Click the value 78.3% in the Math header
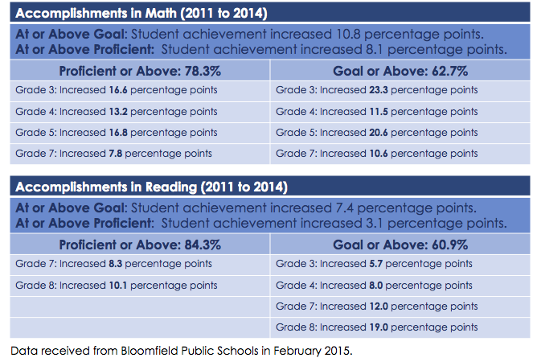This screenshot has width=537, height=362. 203,71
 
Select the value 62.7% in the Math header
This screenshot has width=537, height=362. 449,71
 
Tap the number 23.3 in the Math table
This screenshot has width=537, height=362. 379,90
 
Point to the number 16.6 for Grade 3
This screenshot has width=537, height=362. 118,90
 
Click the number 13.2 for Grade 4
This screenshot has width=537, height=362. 118,111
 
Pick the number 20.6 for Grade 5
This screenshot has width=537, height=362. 379,132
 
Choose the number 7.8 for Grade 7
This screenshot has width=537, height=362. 116,153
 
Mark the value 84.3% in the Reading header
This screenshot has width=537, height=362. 203,245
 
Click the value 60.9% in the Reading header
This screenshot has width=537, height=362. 449,245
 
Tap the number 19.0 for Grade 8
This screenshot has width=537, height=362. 379,327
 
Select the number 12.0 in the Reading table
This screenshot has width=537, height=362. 379,306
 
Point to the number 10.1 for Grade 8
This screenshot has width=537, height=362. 118,286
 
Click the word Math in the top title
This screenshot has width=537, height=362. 161,13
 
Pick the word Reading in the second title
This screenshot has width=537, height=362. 171,187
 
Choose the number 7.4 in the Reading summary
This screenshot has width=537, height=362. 345,208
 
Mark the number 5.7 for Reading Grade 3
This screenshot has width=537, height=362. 375,264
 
